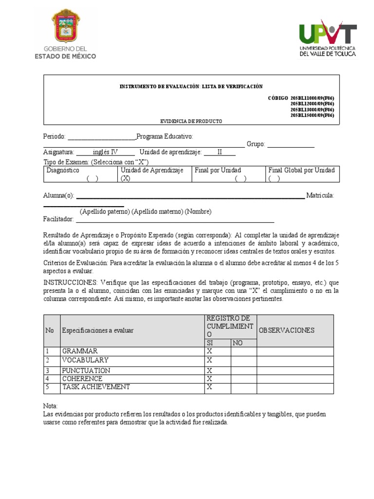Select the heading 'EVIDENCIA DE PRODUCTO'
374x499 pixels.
click(191, 121)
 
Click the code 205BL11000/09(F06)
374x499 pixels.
click(312, 98)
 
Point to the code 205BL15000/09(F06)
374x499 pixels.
click(312, 115)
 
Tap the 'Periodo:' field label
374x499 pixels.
click(54, 136)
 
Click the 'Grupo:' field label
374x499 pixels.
click(256, 144)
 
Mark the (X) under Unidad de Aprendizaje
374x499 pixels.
click(126, 178)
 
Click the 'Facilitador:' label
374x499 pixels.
click(58, 219)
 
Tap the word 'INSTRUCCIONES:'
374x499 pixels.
click(71, 283)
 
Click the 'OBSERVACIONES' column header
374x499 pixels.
click(286, 330)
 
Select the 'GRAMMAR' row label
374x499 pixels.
click(80, 351)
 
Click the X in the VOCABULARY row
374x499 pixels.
click(209, 360)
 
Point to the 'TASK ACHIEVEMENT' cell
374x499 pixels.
click(96, 387)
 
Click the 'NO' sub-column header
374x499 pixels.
click(237, 343)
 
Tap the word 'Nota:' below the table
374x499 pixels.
click(51, 406)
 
